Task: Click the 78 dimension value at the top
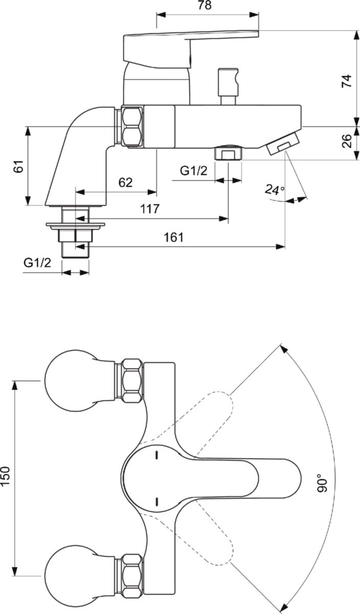click(205, 5)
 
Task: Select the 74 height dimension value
click(347, 81)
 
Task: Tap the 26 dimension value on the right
click(347, 141)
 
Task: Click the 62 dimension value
click(125, 182)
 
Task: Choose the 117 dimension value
click(150, 209)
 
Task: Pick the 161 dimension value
click(174, 237)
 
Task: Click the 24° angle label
click(274, 190)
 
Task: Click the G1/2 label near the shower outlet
click(194, 171)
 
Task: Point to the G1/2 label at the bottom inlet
click(37, 263)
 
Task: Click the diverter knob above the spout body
click(228, 86)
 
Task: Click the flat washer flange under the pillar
click(75, 226)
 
